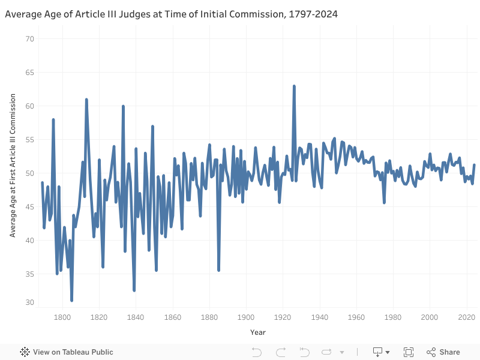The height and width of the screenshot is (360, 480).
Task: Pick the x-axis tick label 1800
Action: (x=62, y=317)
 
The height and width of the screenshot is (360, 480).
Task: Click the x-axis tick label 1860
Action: (x=173, y=317)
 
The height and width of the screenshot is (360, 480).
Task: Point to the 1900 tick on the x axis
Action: (x=246, y=317)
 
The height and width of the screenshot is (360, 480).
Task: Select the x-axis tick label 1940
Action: (x=320, y=317)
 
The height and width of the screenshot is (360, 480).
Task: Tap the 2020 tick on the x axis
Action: (x=466, y=317)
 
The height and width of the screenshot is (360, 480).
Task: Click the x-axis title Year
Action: (x=257, y=332)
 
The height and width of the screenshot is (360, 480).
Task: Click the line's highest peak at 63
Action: (x=294, y=86)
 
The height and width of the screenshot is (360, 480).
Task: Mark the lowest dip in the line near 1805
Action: (x=71, y=300)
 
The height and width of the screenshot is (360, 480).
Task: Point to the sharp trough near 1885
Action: (x=219, y=270)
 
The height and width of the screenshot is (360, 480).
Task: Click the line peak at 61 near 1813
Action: (x=86, y=100)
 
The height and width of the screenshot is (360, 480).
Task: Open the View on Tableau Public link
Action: (x=67, y=352)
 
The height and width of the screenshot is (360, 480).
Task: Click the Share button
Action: (x=443, y=352)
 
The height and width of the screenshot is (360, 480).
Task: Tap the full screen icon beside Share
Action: (x=409, y=352)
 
